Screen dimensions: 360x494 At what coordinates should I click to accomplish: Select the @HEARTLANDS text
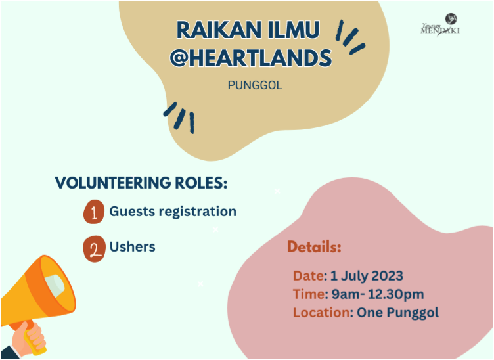tap(250, 58)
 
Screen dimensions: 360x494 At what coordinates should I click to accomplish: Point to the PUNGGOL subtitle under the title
tap(255, 85)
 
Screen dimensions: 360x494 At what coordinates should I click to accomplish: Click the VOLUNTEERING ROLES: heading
tap(141, 183)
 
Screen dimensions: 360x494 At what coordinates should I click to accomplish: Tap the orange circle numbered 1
tap(95, 213)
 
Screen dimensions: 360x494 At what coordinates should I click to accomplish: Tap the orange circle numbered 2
tap(95, 249)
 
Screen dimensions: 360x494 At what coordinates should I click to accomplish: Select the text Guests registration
tap(173, 212)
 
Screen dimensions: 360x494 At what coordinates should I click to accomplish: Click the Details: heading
tap(314, 248)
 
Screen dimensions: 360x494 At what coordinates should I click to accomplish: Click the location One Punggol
tap(397, 312)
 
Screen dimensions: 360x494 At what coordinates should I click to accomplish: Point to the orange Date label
tap(308, 275)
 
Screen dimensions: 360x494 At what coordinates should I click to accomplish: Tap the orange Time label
tap(309, 294)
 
